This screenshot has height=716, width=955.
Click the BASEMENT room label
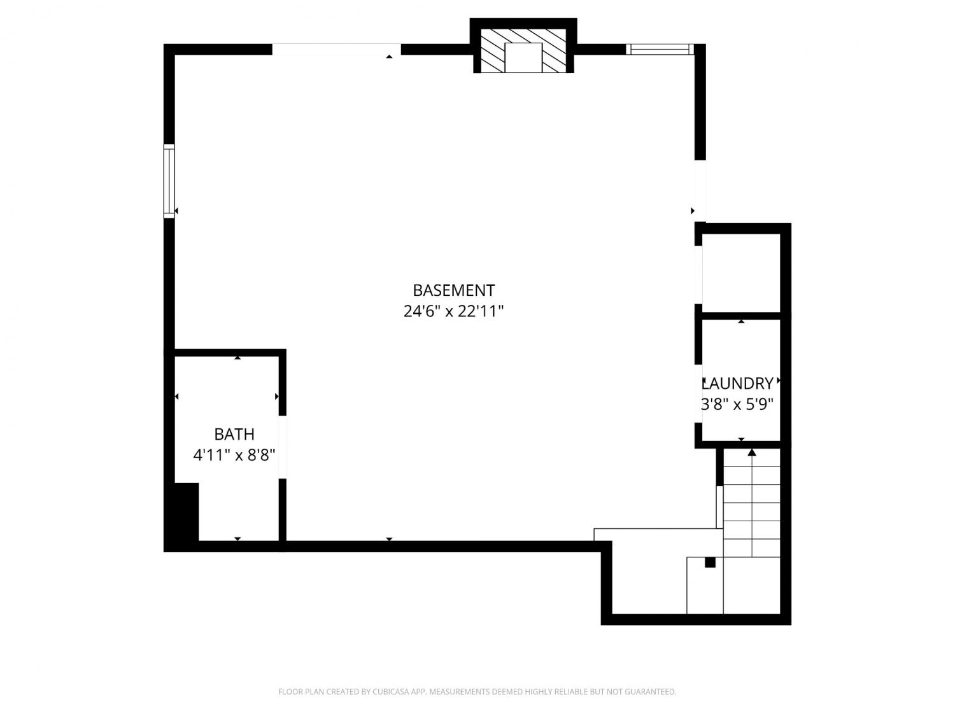click(x=453, y=290)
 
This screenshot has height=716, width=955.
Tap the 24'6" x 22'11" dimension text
click(x=453, y=311)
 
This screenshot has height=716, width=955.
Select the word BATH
click(x=234, y=434)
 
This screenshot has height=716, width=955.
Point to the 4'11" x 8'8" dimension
click(x=234, y=455)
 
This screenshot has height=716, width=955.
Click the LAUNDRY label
click(x=738, y=383)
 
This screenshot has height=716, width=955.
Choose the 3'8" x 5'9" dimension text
click(x=738, y=404)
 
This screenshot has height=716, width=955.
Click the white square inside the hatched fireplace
click(x=523, y=57)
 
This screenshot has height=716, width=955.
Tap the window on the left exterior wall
click(x=169, y=181)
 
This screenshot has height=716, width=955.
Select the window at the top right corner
click(x=660, y=49)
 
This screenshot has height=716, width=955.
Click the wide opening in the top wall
click(x=336, y=49)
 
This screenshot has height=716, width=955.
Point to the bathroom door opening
click(x=283, y=447)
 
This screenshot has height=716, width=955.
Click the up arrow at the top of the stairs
click(x=752, y=452)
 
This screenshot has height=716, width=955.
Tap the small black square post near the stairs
click(x=710, y=562)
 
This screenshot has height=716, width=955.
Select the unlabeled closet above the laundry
click(x=741, y=272)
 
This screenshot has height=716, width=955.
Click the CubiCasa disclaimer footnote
click(x=478, y=691)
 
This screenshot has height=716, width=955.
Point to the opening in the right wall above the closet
click(x=700, y=191)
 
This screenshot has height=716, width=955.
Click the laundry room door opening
click(x=698, y=393)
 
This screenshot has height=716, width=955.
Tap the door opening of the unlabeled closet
click(x=698, y=275)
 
